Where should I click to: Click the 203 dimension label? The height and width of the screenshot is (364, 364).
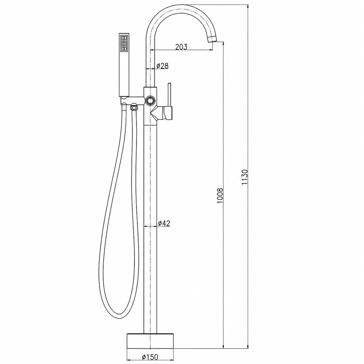[181, 47]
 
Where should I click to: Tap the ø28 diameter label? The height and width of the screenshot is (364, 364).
[163, 66]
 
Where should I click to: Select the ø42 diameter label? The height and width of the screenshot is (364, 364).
[164, 223]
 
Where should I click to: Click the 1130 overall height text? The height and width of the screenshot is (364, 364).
[245, 177]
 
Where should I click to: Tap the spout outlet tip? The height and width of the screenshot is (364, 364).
[212, 39]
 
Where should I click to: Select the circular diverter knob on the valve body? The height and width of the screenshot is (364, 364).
[150, 100]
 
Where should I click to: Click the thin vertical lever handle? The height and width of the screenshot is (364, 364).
[170, 95]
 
